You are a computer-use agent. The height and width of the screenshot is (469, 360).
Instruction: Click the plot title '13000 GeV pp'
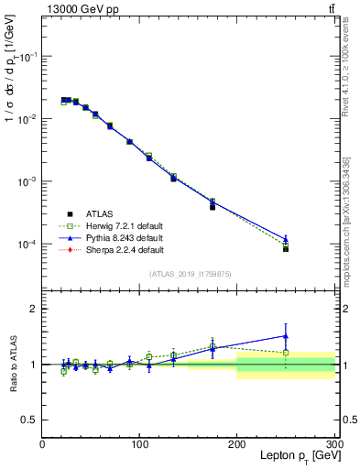(x=79, y=8)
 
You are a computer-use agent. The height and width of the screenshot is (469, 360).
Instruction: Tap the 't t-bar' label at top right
(x=331, y=8)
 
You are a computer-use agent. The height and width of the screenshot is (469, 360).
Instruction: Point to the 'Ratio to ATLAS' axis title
(x=14, y=364)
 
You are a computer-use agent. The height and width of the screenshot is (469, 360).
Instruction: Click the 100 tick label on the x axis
(x=139, y=442)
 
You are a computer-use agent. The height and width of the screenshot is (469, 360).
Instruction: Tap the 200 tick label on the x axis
(x=236, y=442)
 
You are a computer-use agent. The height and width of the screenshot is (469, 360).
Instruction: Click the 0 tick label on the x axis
(x=42, y=442)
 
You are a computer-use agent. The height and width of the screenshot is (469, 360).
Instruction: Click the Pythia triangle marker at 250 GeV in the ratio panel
(x=286, y=335)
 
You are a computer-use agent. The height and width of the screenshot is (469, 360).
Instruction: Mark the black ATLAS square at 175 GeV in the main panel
(x=213, y=207)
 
